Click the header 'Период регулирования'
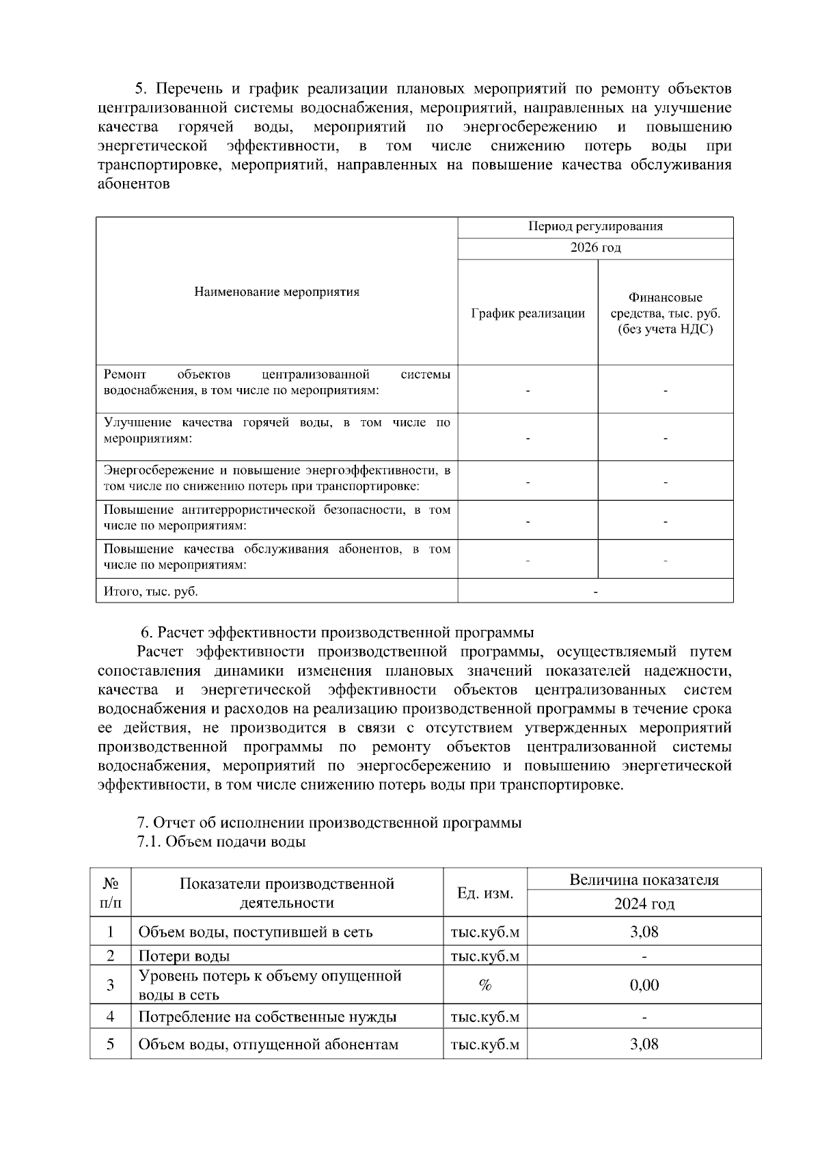(x=595, y=227)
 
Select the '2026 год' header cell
(x=595, y=248)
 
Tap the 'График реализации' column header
(x=528, y=314)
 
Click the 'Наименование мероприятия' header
(x=277, y=292)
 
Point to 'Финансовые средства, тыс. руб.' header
(x=665, y=314)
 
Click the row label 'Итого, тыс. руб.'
(x=151, y=592)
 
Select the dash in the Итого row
(x=595, y=592)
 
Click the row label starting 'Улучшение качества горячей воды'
(x=277, y=430)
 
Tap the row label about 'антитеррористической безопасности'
(x=277, y=518)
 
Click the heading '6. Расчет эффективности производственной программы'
(x=337, y=632)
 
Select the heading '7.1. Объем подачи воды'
(x=221, y=842)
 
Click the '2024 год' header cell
(x=644, y=904)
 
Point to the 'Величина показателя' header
(x=644, y=880)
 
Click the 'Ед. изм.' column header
(x=485, y=893)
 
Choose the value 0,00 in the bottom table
(x=644, y=985)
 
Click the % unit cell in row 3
(x=485, y=985)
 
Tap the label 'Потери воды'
(x=184, y=956)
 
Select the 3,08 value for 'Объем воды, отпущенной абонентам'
(x=644, y=1045)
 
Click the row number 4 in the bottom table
(x=110, y=1017)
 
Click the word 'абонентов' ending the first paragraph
(x=133, y=184)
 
